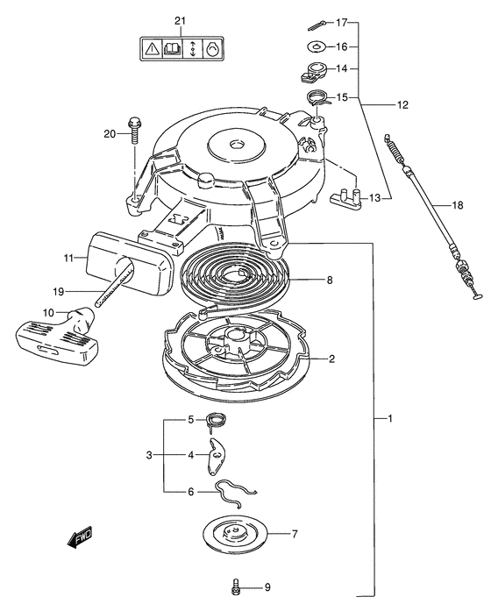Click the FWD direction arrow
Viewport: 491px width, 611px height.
[81, 538]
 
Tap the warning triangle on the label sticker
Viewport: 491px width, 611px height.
[151, 49]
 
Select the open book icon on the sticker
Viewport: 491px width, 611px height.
[172, 49]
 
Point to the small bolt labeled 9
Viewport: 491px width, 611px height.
[236, 586]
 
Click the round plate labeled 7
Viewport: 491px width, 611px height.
[236, 534]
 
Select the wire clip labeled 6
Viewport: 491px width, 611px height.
[235, 493]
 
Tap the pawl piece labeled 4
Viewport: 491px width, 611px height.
[217, 457]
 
